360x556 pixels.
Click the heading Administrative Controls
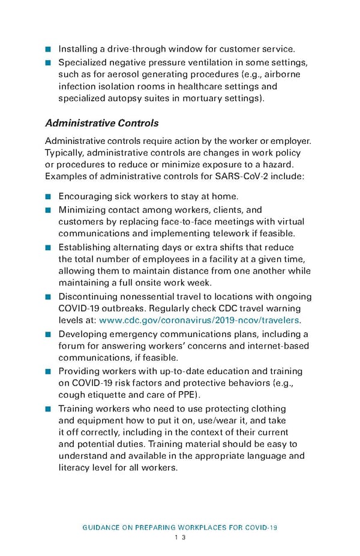coord(101,123)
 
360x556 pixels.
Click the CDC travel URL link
coord(199,320)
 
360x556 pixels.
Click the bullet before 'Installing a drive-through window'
coord(48,49)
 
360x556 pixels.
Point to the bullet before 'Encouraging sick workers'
coord(48,196)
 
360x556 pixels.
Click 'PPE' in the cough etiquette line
coord(188,395)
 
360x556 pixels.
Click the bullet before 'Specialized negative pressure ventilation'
coord(48,63)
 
